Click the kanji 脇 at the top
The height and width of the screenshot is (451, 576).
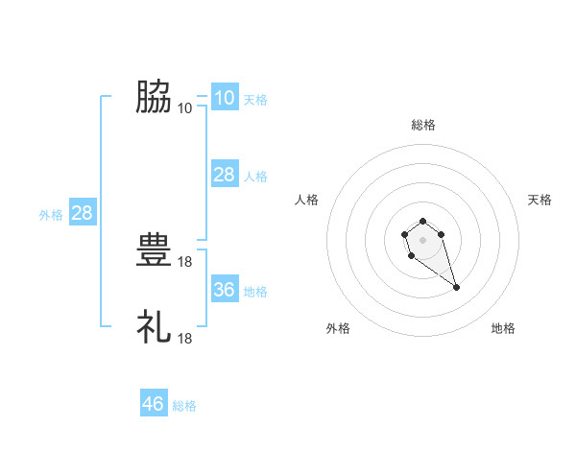click(x=154, y=96)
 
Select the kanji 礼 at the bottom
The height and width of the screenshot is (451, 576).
click(x=154, y=327)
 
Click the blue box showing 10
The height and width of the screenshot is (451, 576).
click(x=224, y=98)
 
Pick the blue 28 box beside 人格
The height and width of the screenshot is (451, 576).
click(x=224, y=175)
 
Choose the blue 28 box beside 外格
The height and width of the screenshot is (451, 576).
click(x=82, y=213)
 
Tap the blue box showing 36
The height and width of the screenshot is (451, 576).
click(x=224, y=290)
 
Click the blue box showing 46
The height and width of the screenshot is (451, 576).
click(x=154, y=404)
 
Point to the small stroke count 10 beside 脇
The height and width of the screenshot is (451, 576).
click(x=185, y=107)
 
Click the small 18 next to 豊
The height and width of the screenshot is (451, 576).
click(x=185, y=261)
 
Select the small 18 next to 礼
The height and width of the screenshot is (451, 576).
click(x=185, y=338)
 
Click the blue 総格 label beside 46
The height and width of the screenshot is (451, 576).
click(x=184, y=406)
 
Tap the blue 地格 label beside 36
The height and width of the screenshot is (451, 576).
click(x=255, y=292)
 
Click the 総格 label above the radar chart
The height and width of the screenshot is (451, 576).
click(x=422, y=125)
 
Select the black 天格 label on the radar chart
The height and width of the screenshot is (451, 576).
click(x=540, y=200)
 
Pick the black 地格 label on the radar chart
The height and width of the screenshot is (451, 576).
click(x=503, y=328)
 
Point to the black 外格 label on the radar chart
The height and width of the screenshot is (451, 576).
click(x=338, y=328)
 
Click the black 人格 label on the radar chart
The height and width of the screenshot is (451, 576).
click(x=307, y=200)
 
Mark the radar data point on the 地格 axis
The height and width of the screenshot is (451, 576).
click(x=456, y=287)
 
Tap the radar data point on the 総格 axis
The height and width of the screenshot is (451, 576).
click(x=422, y=217)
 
